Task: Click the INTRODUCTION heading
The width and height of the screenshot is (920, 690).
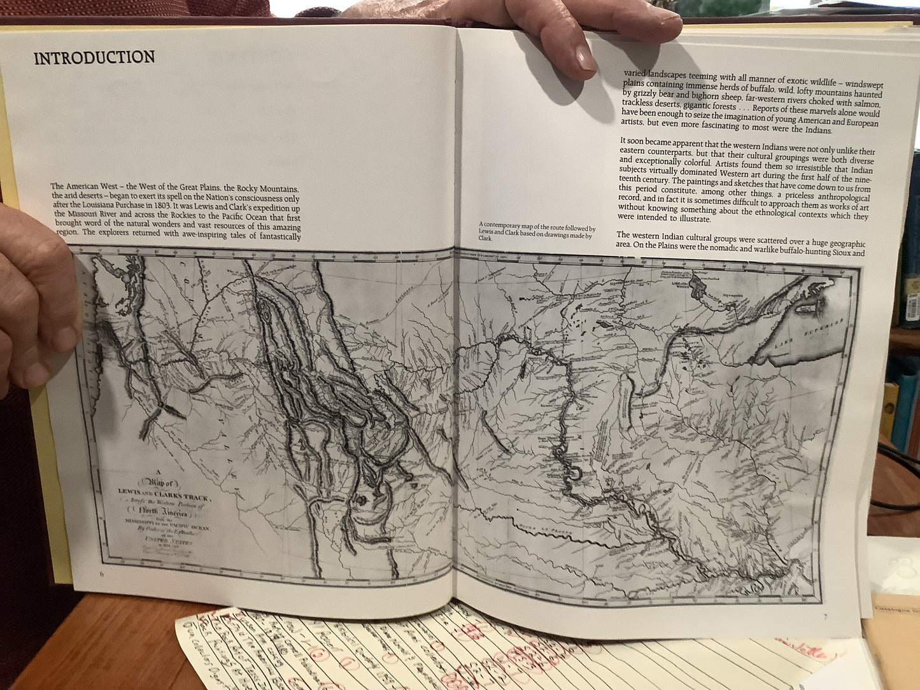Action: [94, 57]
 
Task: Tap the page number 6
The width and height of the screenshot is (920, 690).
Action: [101, 574]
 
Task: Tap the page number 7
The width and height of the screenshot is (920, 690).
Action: [824, 616]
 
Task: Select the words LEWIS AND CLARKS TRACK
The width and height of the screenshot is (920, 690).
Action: [168, 491]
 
